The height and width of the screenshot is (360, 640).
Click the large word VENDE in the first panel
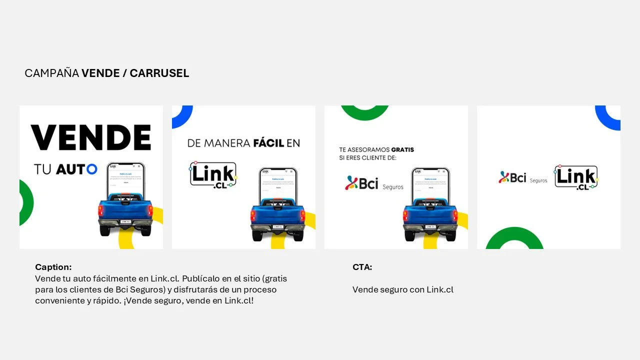91,137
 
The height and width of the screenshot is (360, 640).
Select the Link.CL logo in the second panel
213,174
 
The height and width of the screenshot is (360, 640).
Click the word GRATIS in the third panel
402,149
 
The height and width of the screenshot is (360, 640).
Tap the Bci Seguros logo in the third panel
374,183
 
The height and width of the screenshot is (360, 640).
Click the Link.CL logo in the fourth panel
576,177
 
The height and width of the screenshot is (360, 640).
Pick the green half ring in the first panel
26,202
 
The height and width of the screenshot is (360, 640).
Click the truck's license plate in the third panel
430,226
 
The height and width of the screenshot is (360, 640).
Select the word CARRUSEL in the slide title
159,73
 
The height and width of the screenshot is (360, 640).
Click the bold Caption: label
53,267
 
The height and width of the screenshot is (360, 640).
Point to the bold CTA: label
362,267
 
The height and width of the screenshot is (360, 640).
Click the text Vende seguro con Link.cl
402,289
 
